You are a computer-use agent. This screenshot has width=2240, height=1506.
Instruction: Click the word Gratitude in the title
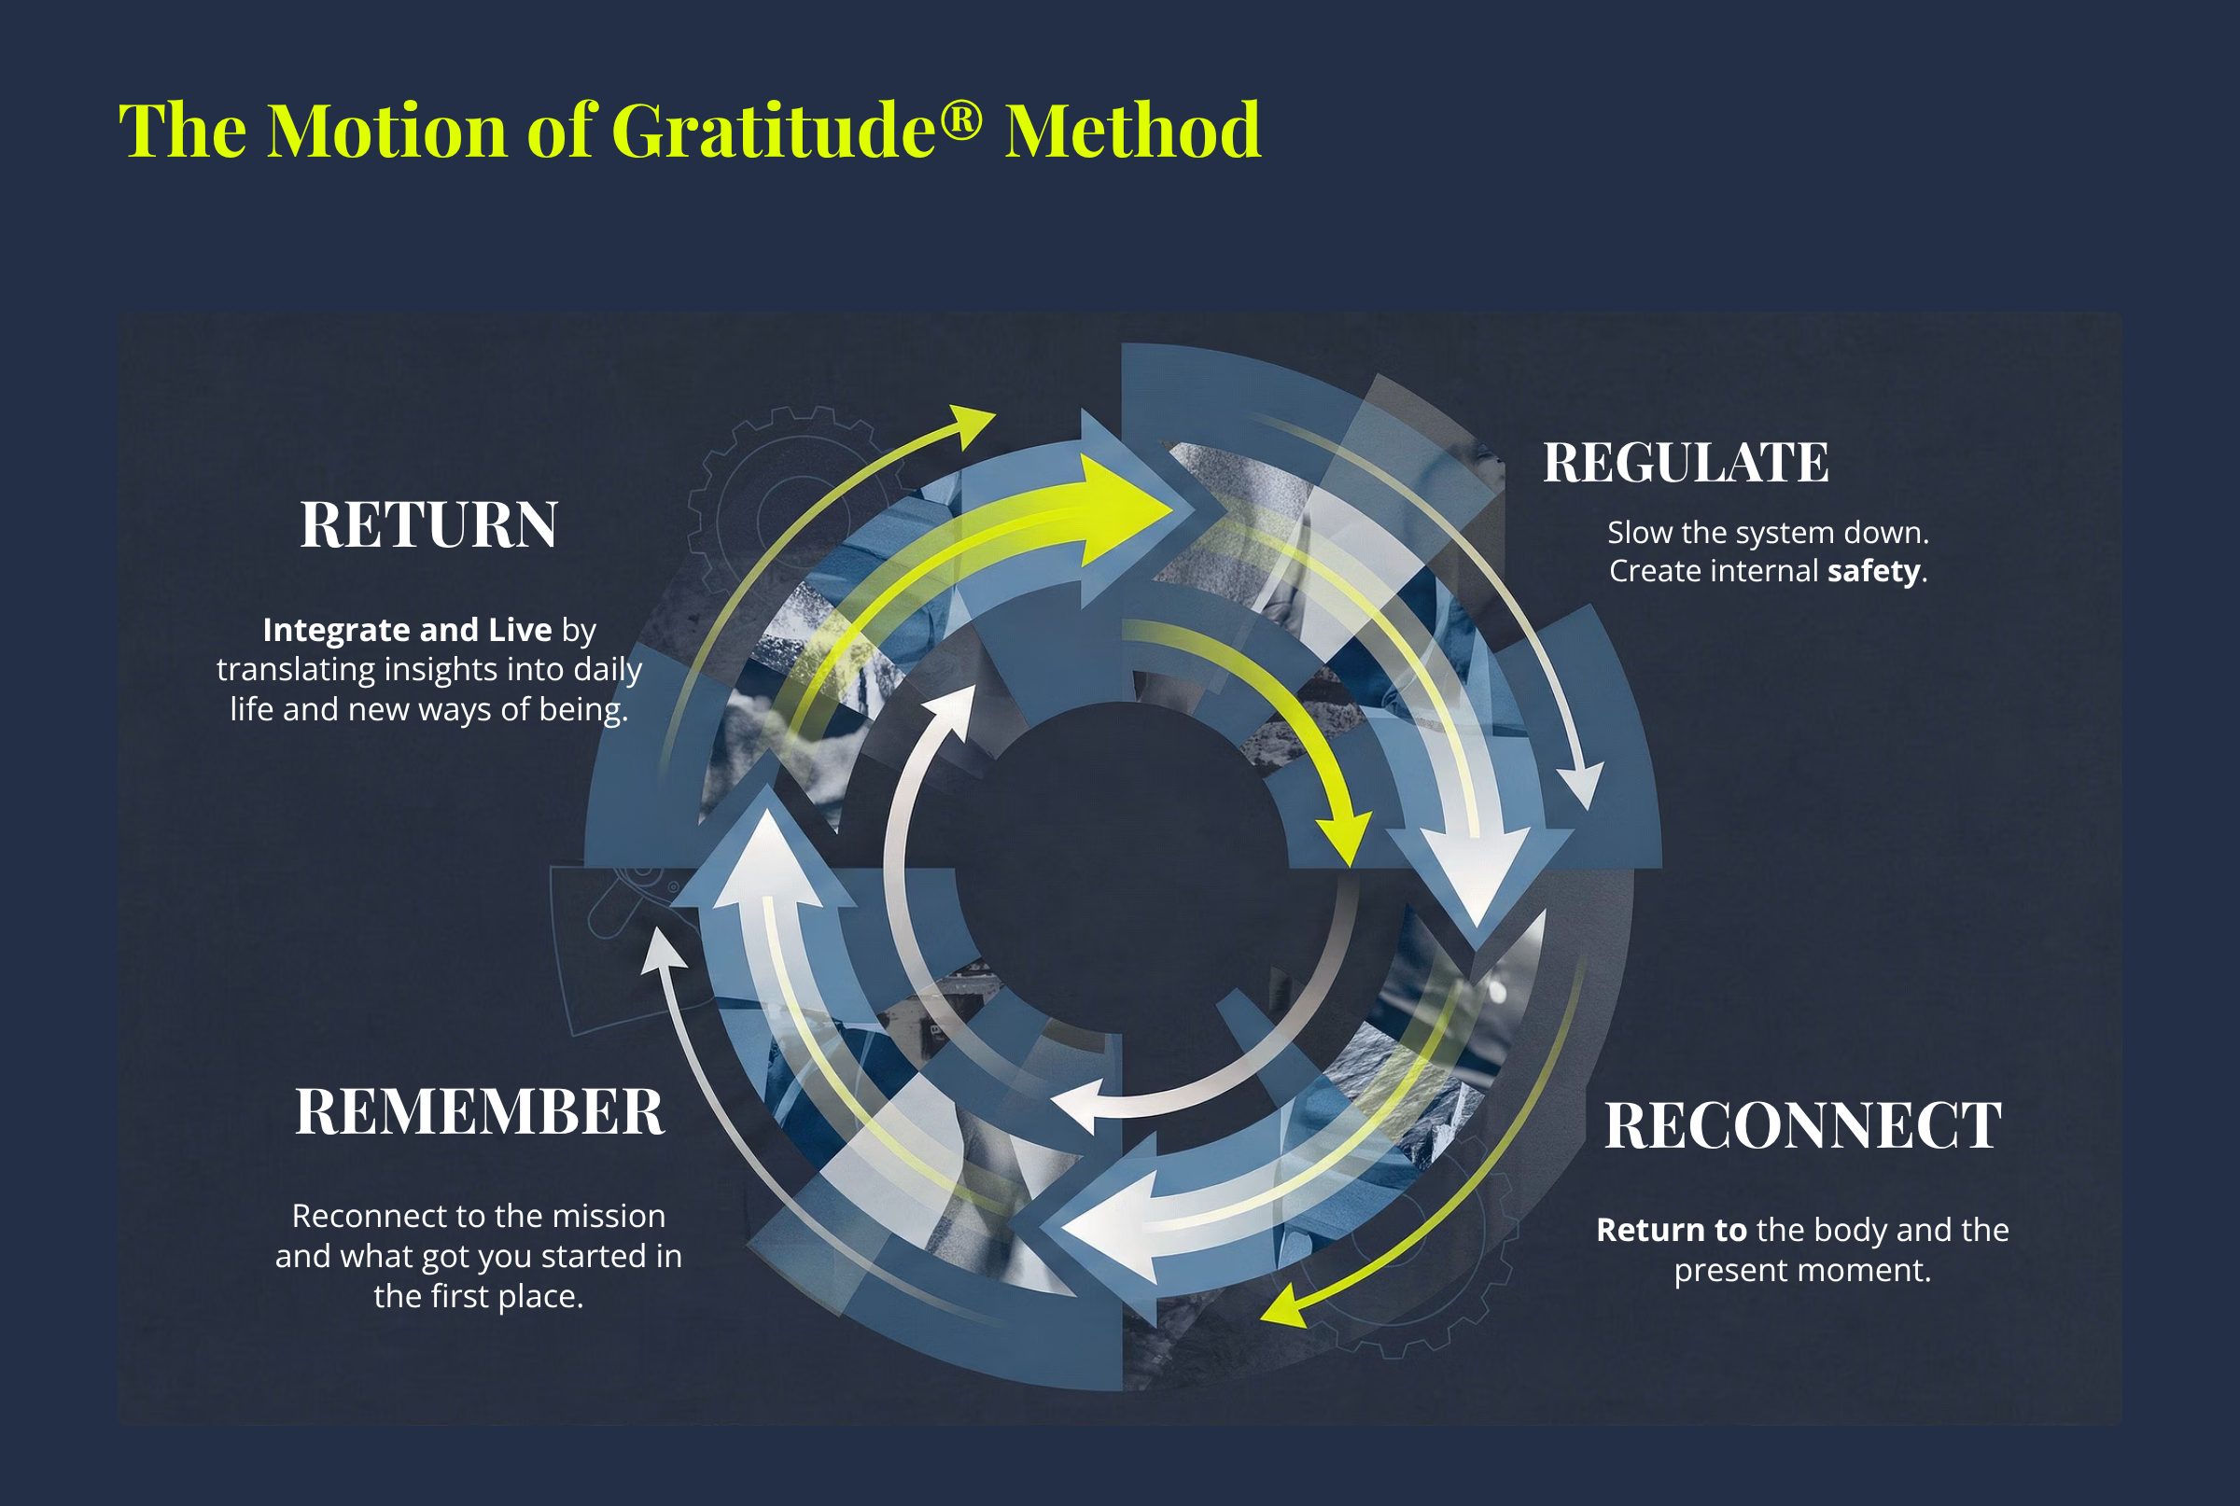coord(773,131)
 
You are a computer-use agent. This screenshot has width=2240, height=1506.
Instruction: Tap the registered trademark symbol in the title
coord(960,121)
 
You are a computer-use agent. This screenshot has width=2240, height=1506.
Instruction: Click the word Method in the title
coord(1132,131)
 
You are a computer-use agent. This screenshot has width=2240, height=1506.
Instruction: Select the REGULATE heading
coord(1686,463)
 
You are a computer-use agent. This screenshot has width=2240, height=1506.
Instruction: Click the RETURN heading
coord(428,525)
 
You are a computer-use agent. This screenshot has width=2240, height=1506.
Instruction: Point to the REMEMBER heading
coord(479,1112)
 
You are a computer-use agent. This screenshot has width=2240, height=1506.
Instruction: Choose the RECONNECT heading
coord(1802,1125)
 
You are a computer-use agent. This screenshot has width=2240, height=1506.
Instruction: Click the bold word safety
coord(1873,571)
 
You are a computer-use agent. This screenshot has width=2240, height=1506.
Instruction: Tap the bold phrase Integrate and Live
coord(407,630)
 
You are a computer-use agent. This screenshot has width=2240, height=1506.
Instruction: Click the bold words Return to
coord(1672,1231)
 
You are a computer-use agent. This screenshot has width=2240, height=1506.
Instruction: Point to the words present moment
coord(1802,1271)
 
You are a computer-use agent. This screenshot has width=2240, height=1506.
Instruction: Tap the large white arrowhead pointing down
coord(1477,874)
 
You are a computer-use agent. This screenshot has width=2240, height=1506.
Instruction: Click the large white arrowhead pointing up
coord(766,859)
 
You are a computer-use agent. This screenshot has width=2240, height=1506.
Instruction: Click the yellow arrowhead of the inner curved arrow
coord(1345,838)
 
